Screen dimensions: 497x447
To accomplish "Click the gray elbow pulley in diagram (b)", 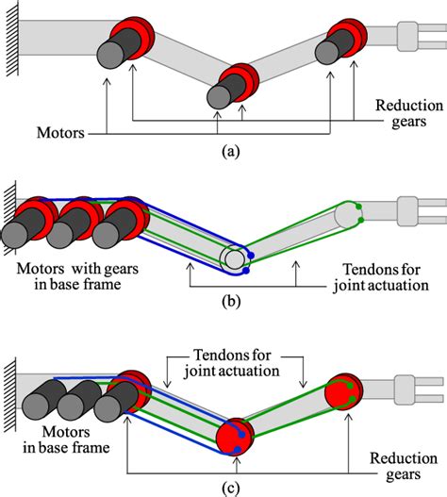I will [x=233, y=259].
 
